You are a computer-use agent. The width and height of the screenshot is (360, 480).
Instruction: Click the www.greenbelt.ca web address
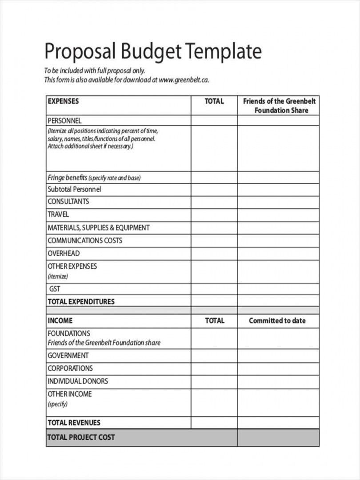tap(184, 80)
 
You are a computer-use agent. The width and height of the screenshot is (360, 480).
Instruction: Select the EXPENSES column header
tap(63, 101)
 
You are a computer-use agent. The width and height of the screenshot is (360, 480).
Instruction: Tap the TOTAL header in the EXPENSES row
tap(214, 101)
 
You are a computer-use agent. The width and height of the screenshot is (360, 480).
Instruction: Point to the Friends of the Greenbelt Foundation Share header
tap(279, 106)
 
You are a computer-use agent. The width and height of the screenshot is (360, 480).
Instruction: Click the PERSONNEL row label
tap(64, 120)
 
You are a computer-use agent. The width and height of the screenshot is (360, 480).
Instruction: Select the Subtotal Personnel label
tap(74, 189)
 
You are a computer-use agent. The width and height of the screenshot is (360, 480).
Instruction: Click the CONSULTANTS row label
tap(68, 201)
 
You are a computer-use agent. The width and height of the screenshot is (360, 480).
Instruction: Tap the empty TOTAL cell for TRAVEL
tap(214, 215)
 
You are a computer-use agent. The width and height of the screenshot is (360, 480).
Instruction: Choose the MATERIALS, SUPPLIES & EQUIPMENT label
tap(99, 228)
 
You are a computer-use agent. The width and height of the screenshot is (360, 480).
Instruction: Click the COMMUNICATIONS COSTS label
tap(85, 240)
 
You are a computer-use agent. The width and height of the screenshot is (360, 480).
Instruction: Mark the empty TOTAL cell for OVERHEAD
tap(214, 253)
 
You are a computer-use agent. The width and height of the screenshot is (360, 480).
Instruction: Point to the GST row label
tap(55, 289)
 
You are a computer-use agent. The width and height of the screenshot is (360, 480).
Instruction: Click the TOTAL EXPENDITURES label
tap(81, 301)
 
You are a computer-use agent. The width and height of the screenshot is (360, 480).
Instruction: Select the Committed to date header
tap(277, 320)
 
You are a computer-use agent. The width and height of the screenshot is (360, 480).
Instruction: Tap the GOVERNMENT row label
tap(68, 356)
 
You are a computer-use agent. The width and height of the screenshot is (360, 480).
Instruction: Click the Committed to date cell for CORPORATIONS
tap(278, 368)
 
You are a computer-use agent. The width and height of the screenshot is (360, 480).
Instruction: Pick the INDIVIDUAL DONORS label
tap(78, 381)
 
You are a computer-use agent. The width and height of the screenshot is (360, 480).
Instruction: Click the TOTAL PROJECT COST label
tap(81, 437)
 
